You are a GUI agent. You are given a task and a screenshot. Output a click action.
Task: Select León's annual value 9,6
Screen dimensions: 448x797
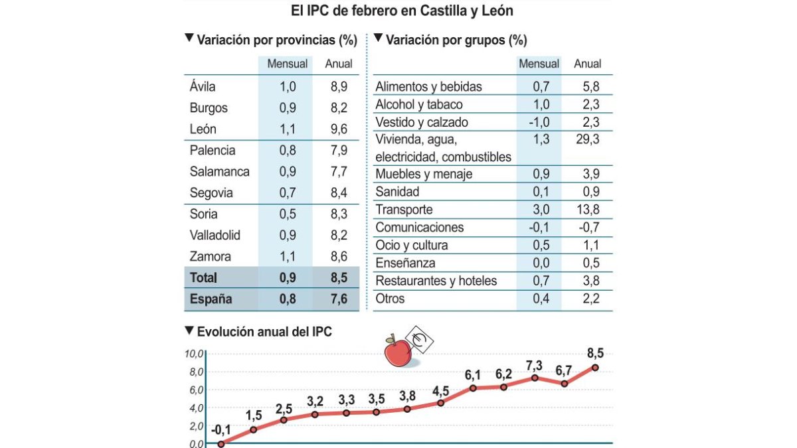pos(338,129)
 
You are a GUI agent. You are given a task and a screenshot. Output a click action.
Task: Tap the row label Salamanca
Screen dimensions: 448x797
pos(219,171)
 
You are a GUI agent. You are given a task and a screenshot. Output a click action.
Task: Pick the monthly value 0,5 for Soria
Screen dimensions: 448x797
pos(288,214)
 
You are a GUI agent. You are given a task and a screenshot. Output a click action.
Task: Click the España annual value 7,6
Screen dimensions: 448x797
pos(338,299)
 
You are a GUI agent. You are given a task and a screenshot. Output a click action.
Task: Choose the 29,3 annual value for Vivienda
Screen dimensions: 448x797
pos(587,140)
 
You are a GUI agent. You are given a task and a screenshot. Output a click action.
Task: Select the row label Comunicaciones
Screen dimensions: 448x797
pos(419,228)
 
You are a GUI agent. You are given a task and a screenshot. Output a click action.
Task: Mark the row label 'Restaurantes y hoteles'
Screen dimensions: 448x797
pos(436,281)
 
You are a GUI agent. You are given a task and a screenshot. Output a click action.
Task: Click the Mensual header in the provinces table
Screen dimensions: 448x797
pos(287,64)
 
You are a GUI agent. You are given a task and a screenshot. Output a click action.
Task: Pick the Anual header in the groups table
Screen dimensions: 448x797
pos(587,64)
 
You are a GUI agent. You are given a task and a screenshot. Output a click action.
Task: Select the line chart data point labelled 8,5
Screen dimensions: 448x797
pos(595,368)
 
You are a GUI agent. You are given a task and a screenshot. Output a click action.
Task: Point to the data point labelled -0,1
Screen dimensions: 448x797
pos(221,444)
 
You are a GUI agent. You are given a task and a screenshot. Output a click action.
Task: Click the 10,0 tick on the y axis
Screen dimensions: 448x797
pos(194,354)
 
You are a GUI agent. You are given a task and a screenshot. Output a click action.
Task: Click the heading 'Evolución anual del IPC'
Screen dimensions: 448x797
pos(264,331)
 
